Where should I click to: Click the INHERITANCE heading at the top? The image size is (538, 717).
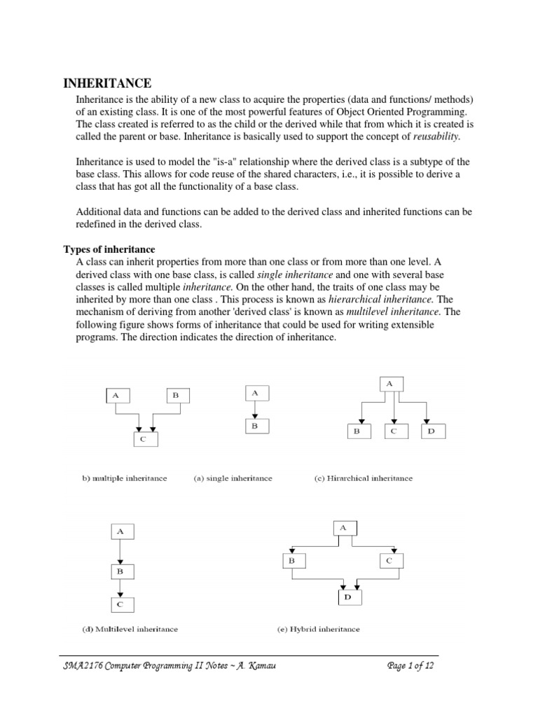tap(107, 83)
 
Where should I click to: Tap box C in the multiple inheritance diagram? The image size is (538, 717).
tap(146, 439)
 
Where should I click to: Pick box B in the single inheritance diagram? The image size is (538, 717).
tap(255, 425)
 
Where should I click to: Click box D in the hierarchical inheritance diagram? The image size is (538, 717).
tap(432, 432)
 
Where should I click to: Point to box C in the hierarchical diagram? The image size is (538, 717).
tap(394, 432)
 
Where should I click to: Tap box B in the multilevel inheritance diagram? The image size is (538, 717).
tap(120, 571)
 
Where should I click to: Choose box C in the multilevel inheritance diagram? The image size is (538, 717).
tap(120, 604)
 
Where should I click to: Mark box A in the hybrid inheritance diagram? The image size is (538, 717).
tap(343, 527)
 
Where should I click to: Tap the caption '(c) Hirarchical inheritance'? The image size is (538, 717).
tap(363, 478)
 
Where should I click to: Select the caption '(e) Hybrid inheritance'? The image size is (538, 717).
tap(318, 629)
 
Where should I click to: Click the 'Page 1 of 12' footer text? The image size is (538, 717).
tap(411, 666)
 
